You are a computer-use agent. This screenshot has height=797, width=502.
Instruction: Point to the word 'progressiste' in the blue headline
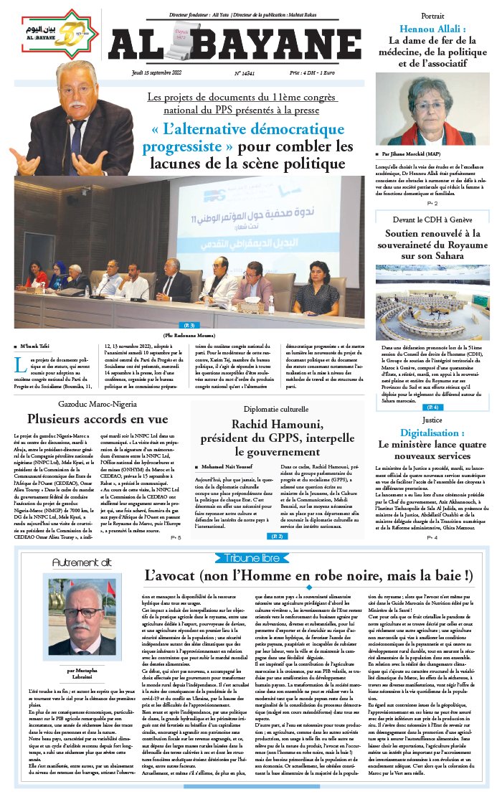click(x=183, y=148)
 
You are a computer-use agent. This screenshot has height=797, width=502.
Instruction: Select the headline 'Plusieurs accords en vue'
click(x=98, y=419)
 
